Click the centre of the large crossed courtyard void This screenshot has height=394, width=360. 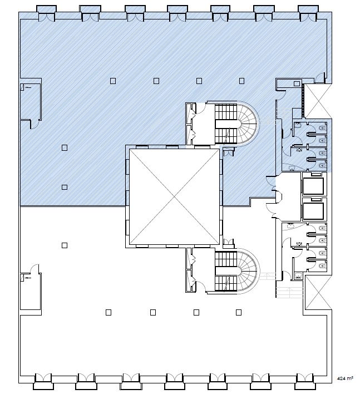tap(174, 196)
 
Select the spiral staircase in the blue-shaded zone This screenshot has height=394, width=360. tap(248, 124)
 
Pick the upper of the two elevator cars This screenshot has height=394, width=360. tap(313, 186)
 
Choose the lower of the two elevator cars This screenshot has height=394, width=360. tap(313, 211)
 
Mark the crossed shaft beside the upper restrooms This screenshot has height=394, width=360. tap(318, 101)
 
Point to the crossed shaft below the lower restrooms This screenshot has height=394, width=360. tap(318, 293)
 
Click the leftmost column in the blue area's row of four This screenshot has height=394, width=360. tap(113, 81)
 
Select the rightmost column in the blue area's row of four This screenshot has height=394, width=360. tap(241, 81)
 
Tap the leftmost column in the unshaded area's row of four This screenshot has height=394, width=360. tap(109, 312)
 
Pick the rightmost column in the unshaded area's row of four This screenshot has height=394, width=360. tap(239, 312)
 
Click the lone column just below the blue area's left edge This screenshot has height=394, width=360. tap(65, 245)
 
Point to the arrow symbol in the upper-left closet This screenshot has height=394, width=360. tap(28, 87)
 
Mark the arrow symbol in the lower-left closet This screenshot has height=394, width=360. tap(28, 278)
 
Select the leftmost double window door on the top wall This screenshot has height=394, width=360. tap(47, 17)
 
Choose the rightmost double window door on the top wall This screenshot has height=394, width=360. tap(308, 17)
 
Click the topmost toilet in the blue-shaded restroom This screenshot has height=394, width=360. tap(322, 127)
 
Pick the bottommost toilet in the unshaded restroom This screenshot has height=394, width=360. tap(322, 265)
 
